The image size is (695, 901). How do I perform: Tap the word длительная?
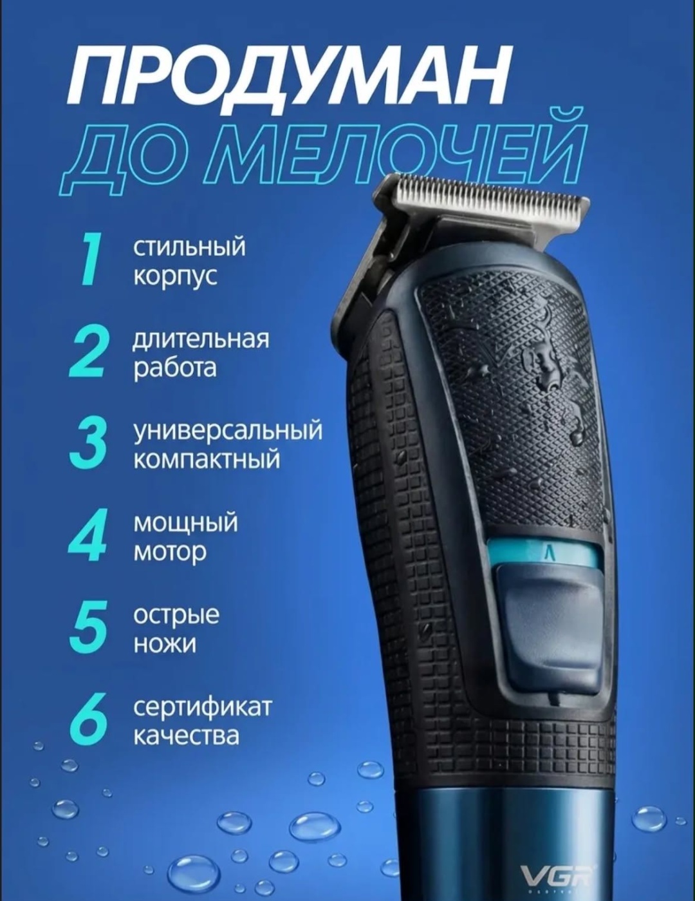pyautogui.click(x=201, y=340)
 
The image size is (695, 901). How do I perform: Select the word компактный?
pyautogui.click(x=207, y=459)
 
